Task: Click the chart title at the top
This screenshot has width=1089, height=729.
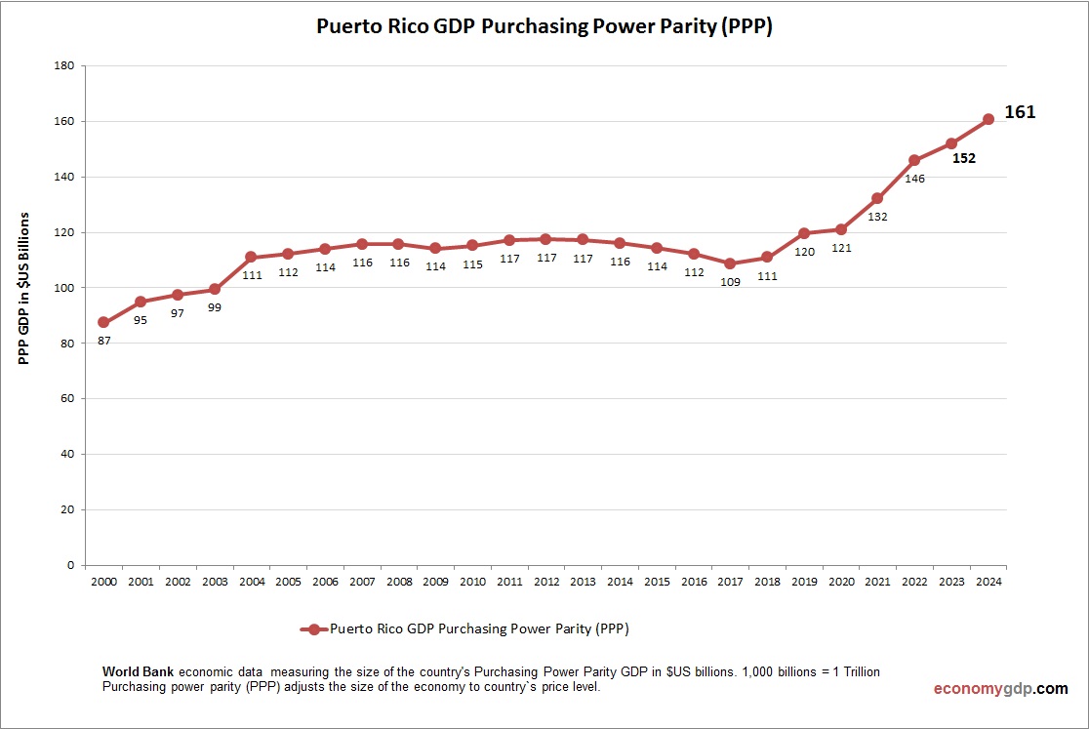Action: click(x=544, y=26)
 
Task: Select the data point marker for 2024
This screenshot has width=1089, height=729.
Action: click(x=988, y=119)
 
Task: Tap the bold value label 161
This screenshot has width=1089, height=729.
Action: click(x=1020, y=112)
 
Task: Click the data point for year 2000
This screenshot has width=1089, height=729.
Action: click(x=103, y=322)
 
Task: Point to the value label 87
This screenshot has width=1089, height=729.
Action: click(x=103, y=342)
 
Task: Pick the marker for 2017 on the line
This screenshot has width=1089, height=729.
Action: click(x=730, y=263)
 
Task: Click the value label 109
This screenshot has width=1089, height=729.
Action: click(x=730, y=282)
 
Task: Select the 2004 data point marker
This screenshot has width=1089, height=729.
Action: click(x=251, y=257)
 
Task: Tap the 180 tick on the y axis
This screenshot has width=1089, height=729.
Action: click(x=65, y=66)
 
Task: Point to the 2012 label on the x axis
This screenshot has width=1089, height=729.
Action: click(x=545, y=582)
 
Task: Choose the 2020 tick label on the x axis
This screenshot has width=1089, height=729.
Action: click(x=840, y=582)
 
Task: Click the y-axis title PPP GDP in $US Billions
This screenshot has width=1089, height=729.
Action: click(x=25, y=288)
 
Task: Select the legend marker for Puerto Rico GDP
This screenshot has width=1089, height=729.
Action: click(x=313, y=629)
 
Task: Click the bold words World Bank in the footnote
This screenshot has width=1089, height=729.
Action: click(x=139, y=672)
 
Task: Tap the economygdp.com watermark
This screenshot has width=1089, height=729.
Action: click(x=1000, y=689)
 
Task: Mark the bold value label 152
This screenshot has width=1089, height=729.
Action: click(x=964, y=158)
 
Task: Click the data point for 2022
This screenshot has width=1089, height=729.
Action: click(x=914, y=160)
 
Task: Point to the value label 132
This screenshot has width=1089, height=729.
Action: click(x=877, y=217)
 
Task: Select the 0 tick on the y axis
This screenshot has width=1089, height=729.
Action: click(x=71, y=565)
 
